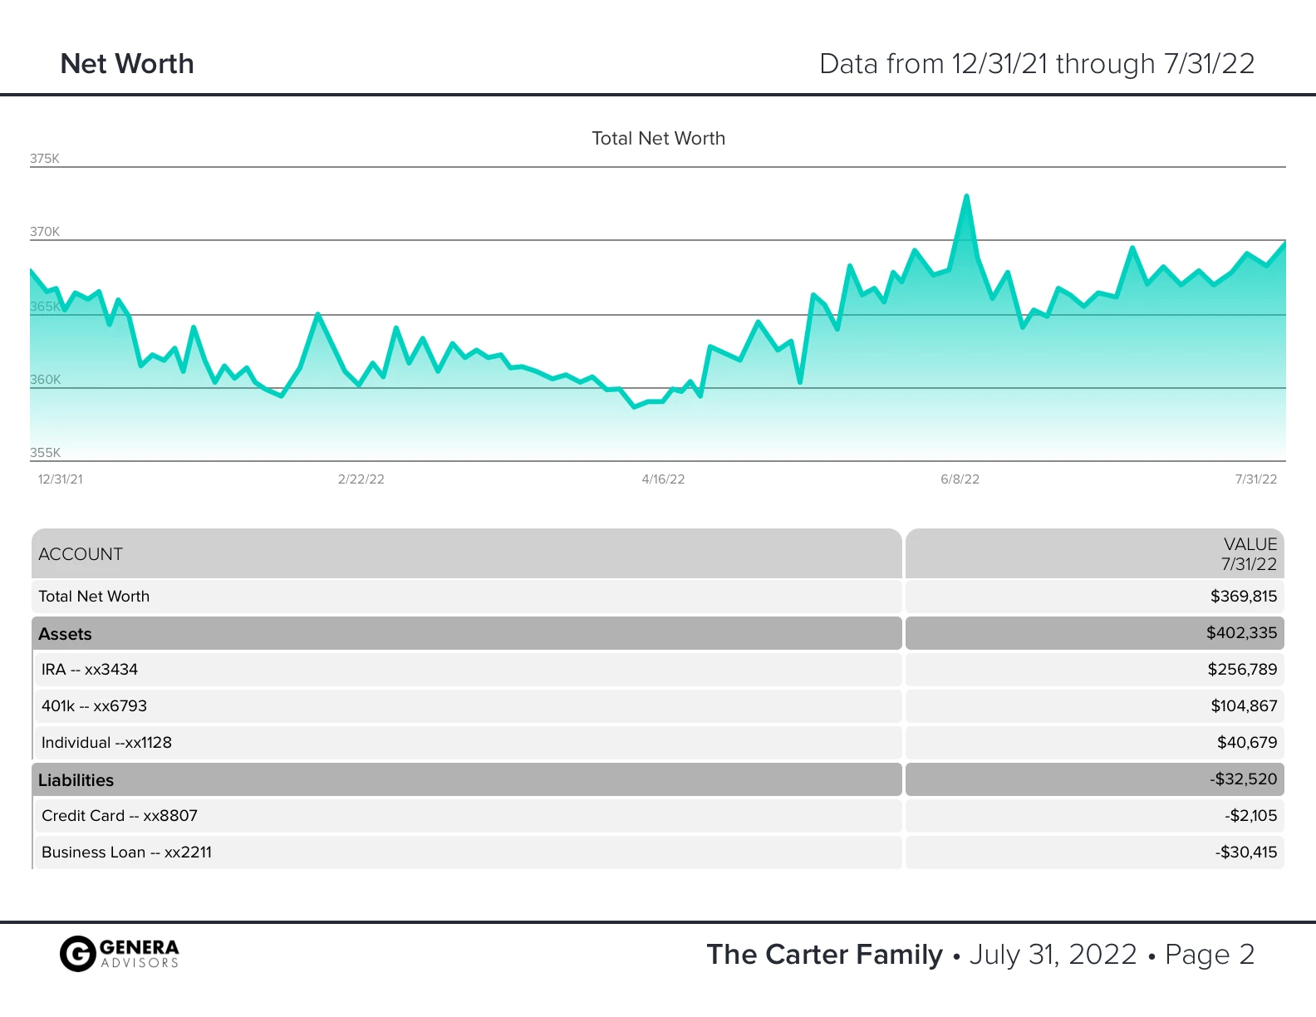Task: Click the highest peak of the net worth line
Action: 966,197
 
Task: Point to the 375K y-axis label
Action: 45,159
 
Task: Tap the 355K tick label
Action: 45,453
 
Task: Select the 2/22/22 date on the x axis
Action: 361,479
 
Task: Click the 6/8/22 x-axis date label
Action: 960,479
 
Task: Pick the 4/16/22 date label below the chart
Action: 663,479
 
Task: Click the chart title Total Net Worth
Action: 658,139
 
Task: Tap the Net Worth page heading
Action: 127,64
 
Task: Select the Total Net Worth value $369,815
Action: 1243,597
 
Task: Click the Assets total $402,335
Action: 1241,633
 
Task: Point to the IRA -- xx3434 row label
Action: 90,670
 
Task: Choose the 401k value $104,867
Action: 1243,706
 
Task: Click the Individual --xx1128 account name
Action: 106,743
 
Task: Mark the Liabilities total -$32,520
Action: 1243,779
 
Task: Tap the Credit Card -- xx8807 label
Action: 120,816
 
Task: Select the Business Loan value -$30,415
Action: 1245,852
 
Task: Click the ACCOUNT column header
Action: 81,554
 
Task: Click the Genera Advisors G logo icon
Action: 77,954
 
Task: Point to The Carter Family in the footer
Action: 824,955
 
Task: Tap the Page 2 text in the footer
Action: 1209,955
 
